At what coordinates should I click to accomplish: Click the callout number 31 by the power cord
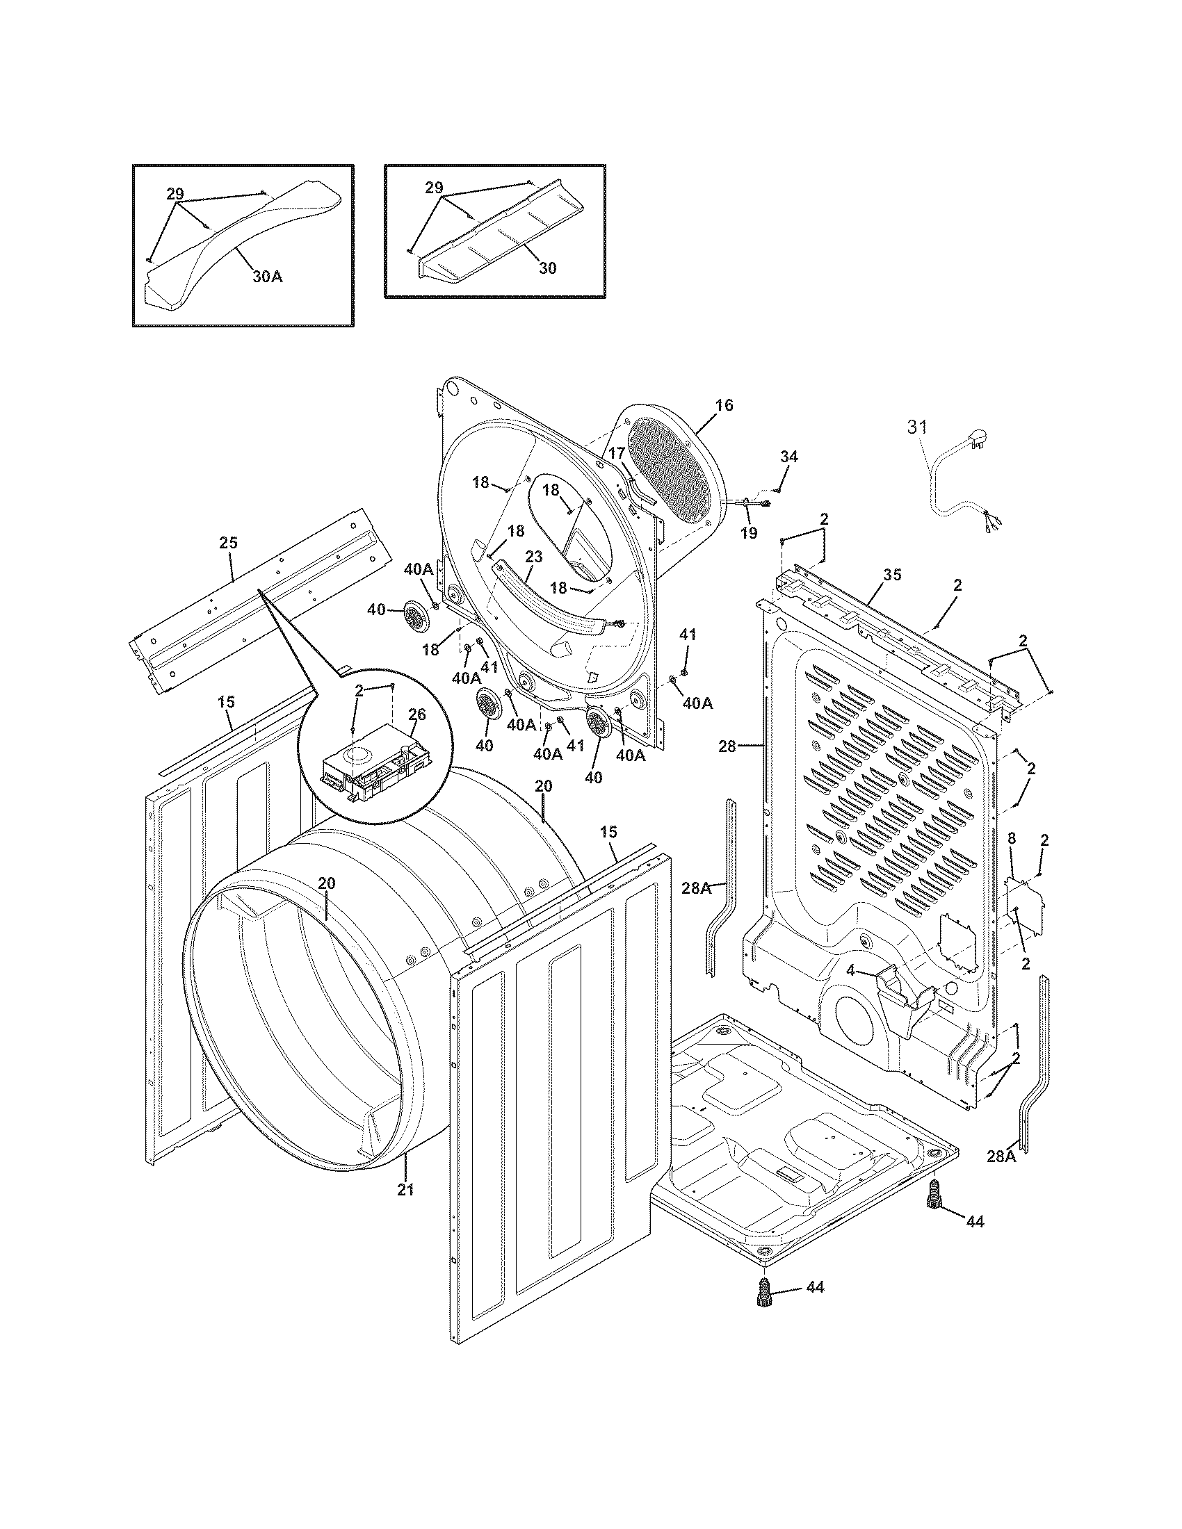tap(916, 426)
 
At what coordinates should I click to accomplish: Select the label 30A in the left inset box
tap(268, 277)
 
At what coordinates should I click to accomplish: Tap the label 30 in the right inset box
tap(548, 268)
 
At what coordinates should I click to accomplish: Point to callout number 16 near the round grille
tap(724, 404)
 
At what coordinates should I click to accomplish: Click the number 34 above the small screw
tap(788, 457)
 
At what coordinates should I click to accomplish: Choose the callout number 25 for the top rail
tap(228, 542)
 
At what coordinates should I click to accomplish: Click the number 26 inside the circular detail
tap(416, 714)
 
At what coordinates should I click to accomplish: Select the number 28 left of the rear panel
tap(727, 746)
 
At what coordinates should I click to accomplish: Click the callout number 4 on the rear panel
tap(850, 970)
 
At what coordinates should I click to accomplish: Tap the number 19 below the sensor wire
tap(749, 533)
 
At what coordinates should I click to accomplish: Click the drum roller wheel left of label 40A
tap(416, 616)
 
